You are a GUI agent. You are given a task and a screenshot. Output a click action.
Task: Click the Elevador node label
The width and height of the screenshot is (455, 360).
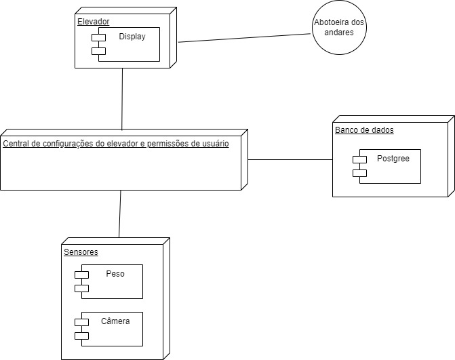[93, 22]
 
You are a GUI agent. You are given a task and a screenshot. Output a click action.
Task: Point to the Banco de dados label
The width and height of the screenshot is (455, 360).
[364, 129]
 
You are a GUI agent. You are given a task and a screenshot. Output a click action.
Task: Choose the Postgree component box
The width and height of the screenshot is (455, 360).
[390, 166]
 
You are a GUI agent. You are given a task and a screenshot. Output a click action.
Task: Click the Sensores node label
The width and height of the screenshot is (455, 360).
[81, 252]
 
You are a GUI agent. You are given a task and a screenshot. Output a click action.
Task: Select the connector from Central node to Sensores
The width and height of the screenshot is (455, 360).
[120, 214]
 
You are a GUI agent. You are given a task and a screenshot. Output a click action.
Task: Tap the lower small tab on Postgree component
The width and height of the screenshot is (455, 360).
[359, 174]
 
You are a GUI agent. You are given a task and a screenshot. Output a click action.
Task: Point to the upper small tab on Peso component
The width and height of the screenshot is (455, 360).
[81, 274]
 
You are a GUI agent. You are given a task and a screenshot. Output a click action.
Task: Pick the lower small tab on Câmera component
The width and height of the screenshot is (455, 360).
[81, 336]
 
